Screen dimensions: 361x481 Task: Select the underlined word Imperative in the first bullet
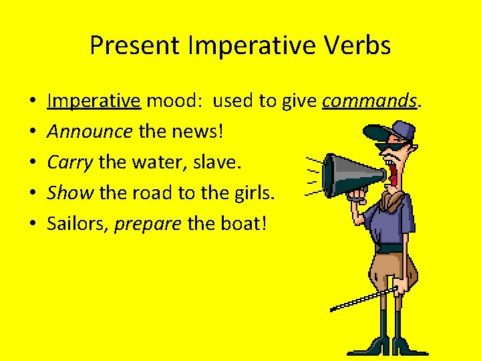[x=94, y=101]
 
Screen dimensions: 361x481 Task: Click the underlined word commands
[x=369, y=101]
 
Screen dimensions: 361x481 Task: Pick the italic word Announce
[x=90, y=132]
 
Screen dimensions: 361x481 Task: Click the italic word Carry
[x=70, y=162]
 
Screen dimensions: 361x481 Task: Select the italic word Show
[x=70, y=193]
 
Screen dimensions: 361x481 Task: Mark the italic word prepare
[x=148, y=224]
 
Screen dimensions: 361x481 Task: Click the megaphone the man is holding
[x=351, y=175]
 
